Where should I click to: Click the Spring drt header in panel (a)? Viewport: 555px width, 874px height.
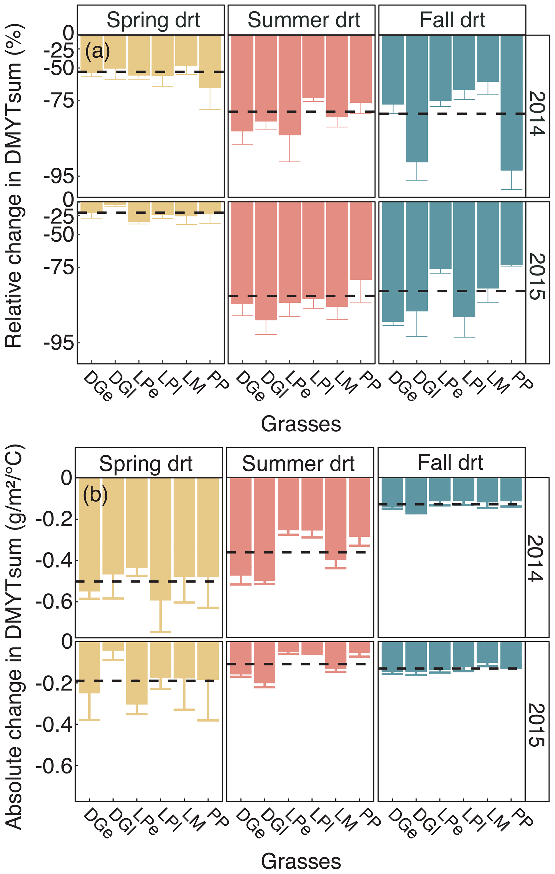pos(153,20)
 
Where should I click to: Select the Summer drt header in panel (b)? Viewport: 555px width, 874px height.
pos(298,464)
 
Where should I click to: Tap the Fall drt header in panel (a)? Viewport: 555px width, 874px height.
pos(452,20)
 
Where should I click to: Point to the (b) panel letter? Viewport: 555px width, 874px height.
pos(95,494)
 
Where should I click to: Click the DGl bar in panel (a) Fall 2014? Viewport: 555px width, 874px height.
pos(416,98)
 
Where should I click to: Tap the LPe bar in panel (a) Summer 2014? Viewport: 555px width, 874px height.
pos(289,85)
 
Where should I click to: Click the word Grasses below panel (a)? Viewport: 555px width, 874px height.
pos(301,424)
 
